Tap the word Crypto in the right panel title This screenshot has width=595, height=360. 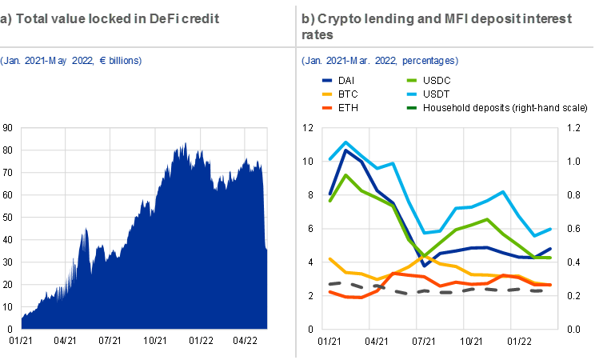pyautogui.click(x=341, y=18)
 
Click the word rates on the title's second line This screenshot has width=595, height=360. pyautogui.click(x=317, y=35)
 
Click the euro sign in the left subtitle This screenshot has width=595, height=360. pyautogui.click(x=101, y=61)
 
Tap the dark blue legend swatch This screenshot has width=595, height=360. pyautogui.click(x=327, y=81)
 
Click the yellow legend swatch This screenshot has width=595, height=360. pyautogui.click(x=327, y=94)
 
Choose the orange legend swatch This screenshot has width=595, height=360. pyautogui.click(x=327, y=107)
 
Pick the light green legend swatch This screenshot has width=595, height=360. pyautogui.click(x=412, y=81)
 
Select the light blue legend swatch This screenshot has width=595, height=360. pyautogui.click(x=412, y=94)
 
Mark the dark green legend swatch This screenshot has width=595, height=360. pyautogui.click(x=412, y=107)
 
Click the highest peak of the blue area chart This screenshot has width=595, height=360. pyautogui.click(x=186, y=143)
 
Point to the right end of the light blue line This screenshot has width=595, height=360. pyautogui.click(x=551, y=229)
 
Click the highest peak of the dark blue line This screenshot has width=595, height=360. pyautogui.click(x=345, y=148)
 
